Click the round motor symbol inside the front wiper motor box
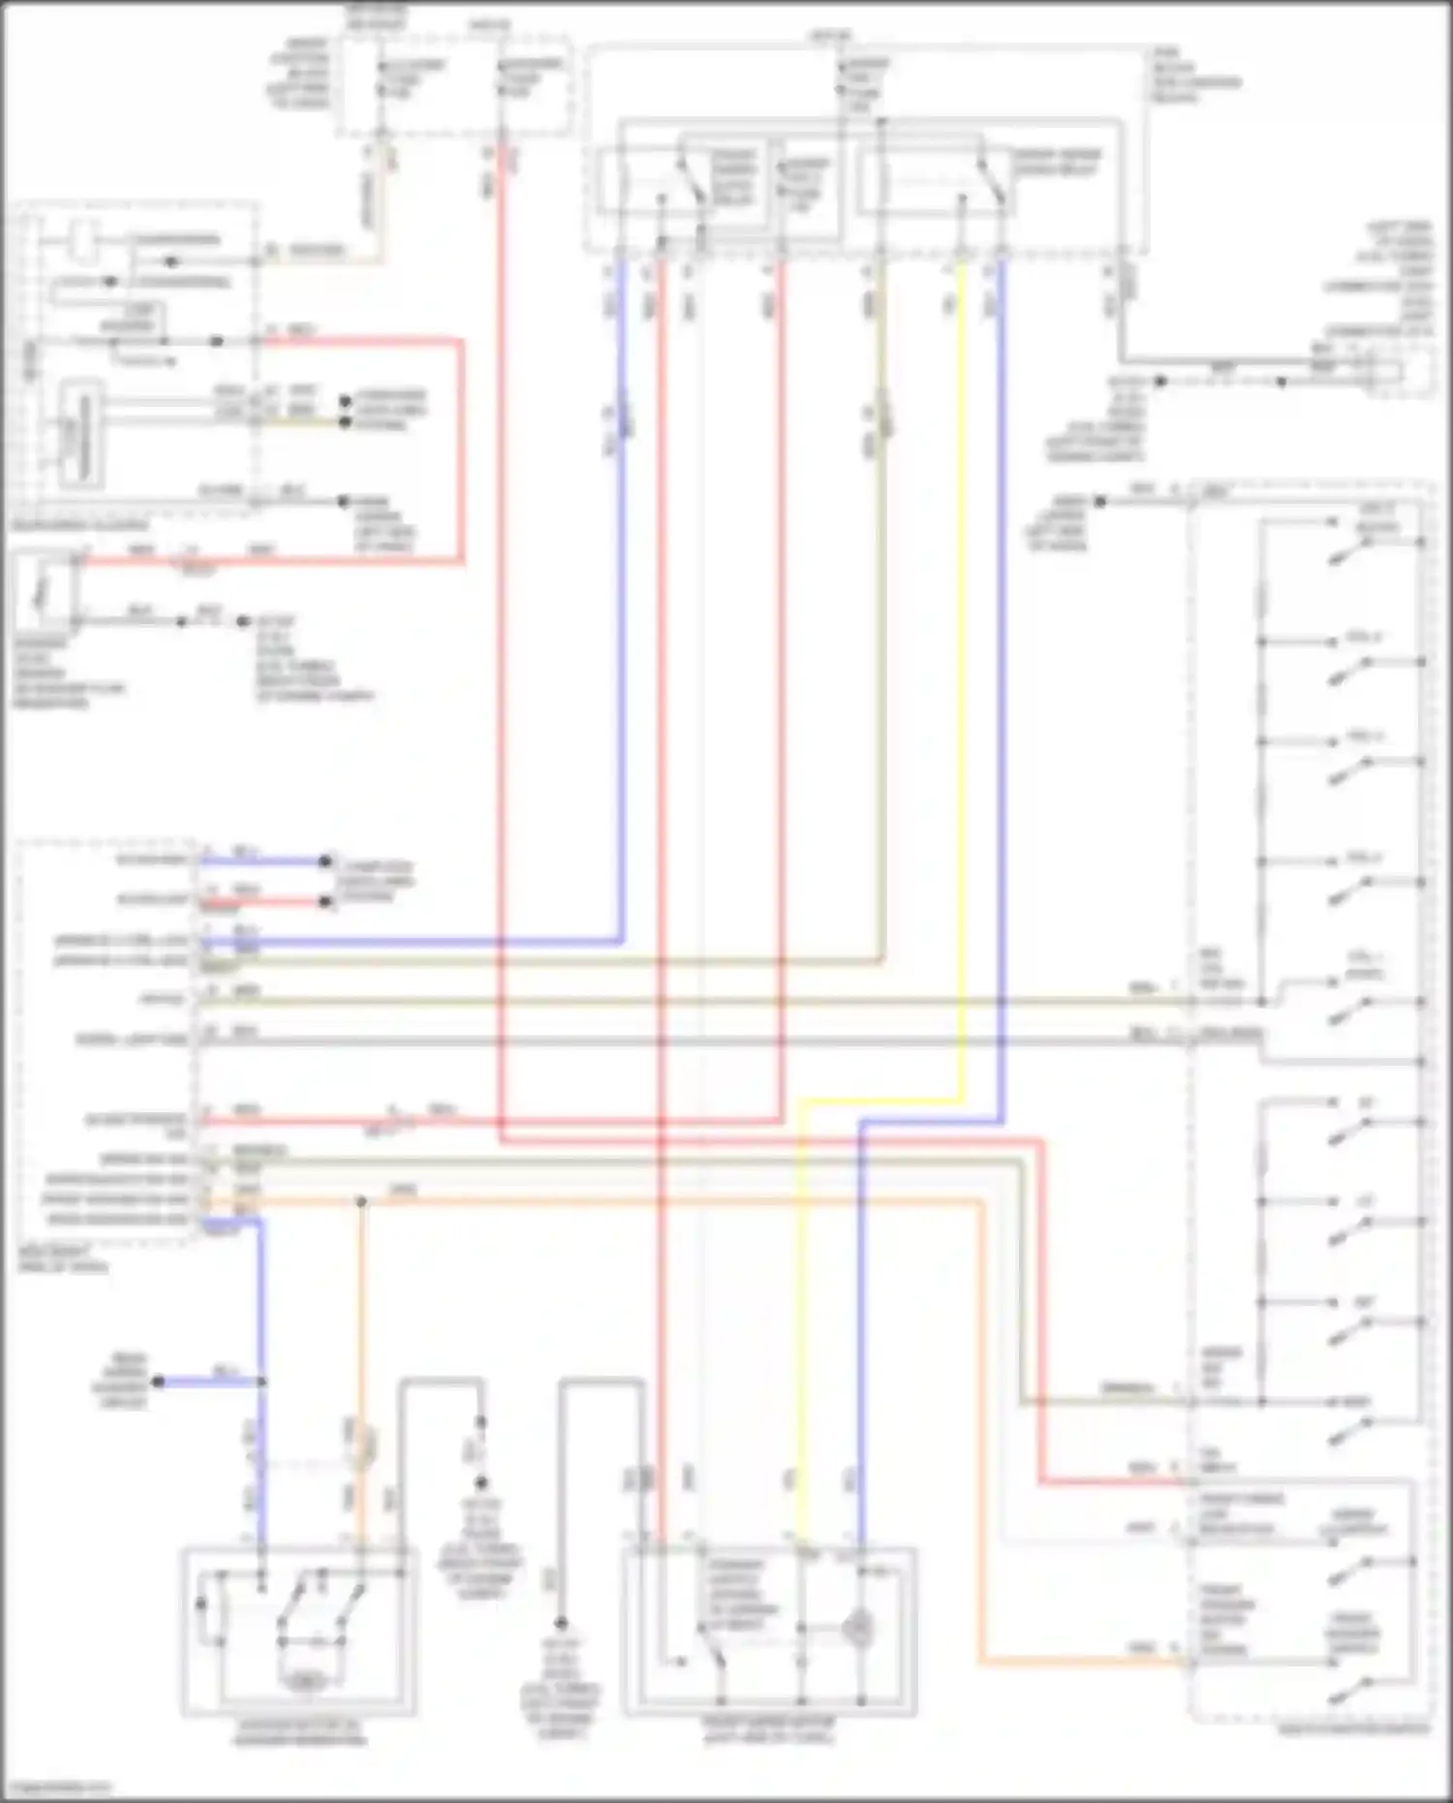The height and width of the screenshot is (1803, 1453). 856,1629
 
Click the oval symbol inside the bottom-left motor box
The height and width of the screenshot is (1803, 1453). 302,1682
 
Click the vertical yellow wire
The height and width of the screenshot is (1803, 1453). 962,678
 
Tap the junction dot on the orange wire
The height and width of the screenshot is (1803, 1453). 361,1202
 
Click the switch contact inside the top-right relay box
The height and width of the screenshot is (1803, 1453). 990,184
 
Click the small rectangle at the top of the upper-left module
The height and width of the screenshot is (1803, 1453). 83,242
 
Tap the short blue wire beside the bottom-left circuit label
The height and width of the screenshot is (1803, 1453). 208,1382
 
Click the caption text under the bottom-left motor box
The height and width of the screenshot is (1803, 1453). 300,1732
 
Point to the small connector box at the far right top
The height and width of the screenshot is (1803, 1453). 1415,373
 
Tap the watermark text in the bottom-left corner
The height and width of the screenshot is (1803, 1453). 56,1787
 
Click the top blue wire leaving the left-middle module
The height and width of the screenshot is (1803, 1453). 262,860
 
